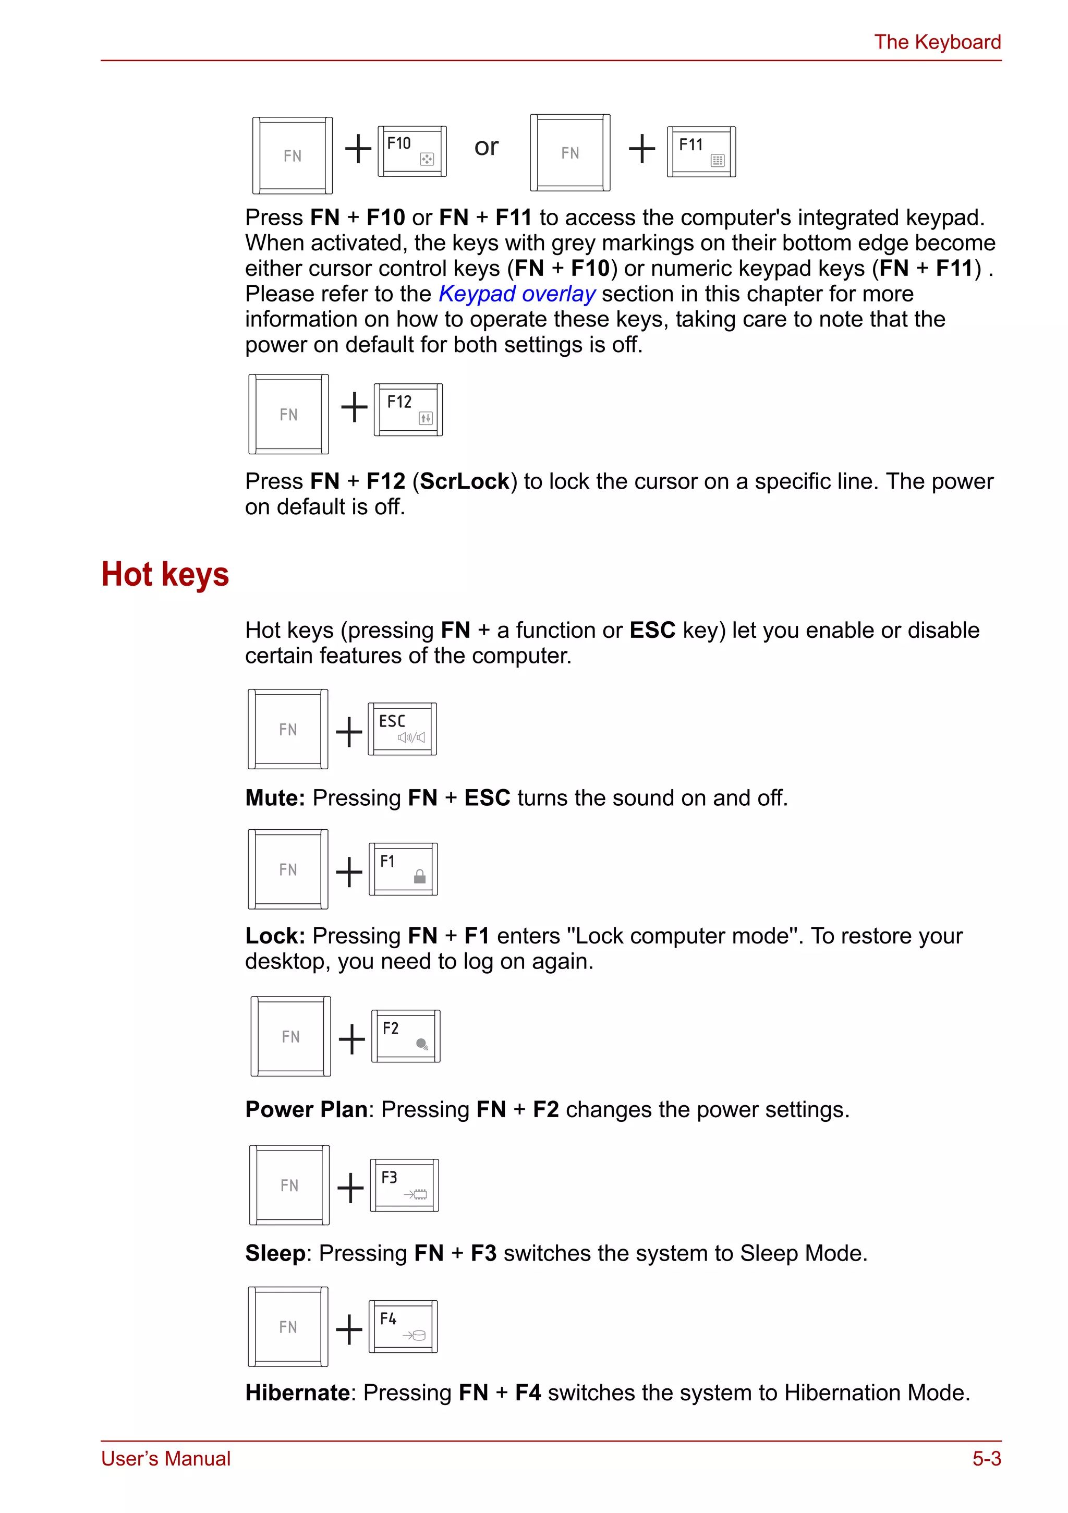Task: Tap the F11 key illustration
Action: [701, 152]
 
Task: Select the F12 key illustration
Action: [408, 409]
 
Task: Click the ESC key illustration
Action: [402, 729]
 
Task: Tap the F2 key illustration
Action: [406, 1035]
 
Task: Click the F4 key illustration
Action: [403, 1326]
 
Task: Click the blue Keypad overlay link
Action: [517, 294]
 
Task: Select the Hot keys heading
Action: [165, 574]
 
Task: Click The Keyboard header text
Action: [937, 42]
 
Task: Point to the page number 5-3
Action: [986, 1458]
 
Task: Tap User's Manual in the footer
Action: [165, 1458]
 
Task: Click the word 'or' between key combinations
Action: [486, 147]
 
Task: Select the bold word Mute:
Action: [275, 798]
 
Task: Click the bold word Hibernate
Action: [297, 1393]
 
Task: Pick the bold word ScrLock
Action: [465, 482]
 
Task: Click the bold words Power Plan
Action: [306, 1110]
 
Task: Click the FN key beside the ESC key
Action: [288, 729]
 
